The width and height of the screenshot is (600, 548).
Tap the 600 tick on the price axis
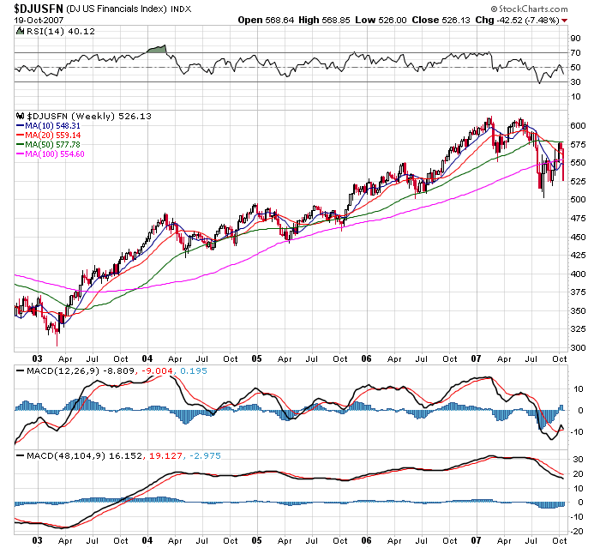(579, 125)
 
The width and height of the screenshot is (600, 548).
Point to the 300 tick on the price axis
(579, 347)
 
